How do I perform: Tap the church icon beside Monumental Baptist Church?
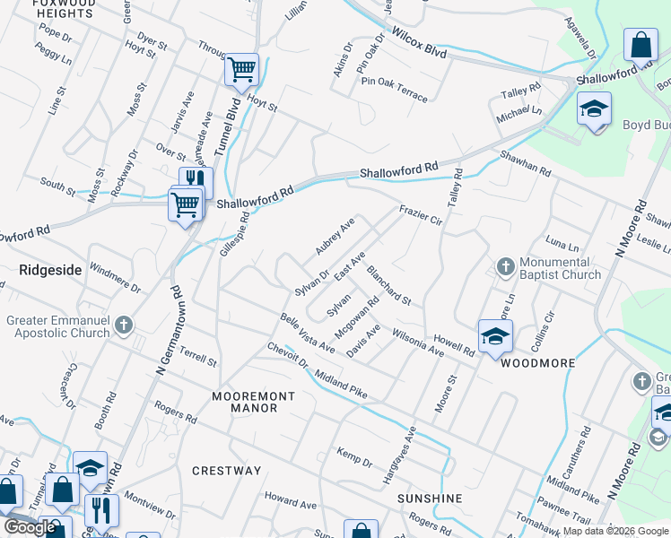pos(505,267)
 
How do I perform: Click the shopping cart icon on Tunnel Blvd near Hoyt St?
pos(242,69)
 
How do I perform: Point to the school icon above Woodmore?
pos(494,335)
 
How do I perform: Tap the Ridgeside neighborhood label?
pos(50,268)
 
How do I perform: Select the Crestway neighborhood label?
pos(226,470)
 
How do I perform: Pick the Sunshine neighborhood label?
pos(430,498)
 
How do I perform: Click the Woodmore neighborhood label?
pos(537,363)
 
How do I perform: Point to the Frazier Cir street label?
pos(421,214)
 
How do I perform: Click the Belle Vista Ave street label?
pos(308,333)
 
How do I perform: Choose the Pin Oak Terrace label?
pos(394,89)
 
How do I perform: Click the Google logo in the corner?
pos(29,527)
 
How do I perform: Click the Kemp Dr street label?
pos(354,456)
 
